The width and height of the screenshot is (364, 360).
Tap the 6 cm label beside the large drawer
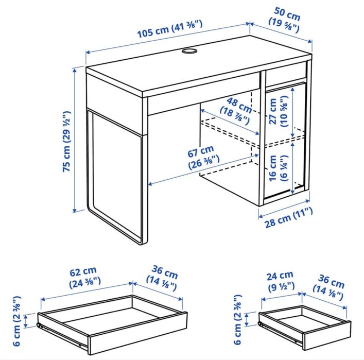click(17, 319)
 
